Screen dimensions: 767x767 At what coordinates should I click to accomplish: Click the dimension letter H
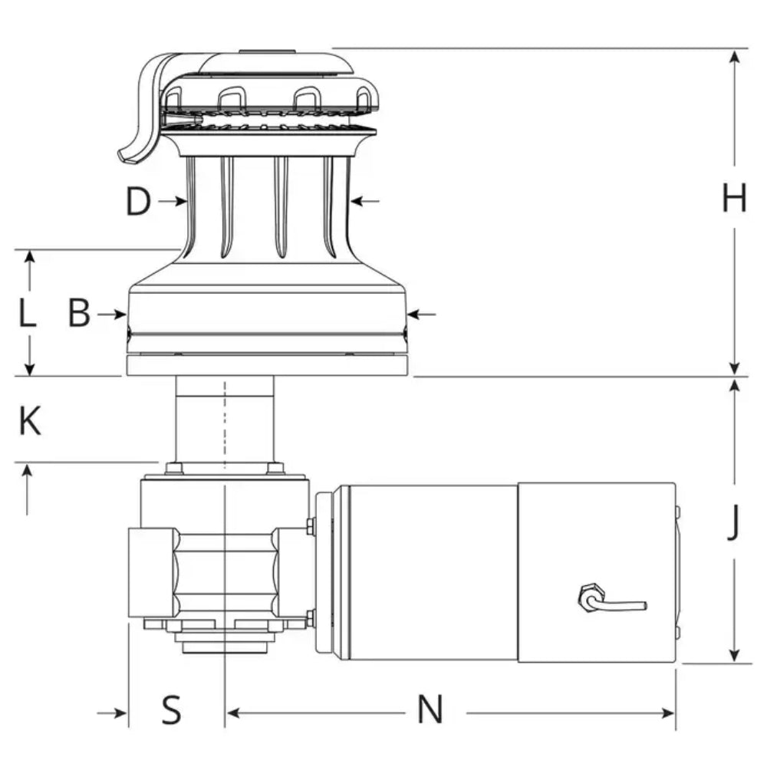(x=734, y=200)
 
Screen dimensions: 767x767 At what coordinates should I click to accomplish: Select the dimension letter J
(x=734, y=525)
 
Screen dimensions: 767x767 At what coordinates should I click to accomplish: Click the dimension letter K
(x=29, y=422)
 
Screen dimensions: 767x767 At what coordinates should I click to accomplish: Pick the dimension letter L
(x=28, y=314)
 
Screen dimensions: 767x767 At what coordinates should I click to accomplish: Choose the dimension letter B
(x=79, y=314)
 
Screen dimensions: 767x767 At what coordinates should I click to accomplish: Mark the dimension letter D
(x=138, y=202)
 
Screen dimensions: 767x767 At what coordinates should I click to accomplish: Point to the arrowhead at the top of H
(x=736, y=58)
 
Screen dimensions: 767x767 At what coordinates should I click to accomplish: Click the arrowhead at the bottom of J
(x=736, y=655)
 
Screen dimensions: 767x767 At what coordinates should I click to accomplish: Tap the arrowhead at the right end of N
(x=669, y=713)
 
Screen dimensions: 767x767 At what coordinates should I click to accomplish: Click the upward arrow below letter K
(x=28, y=476)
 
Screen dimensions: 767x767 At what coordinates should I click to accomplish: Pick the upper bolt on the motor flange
(x=311, y=525)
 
